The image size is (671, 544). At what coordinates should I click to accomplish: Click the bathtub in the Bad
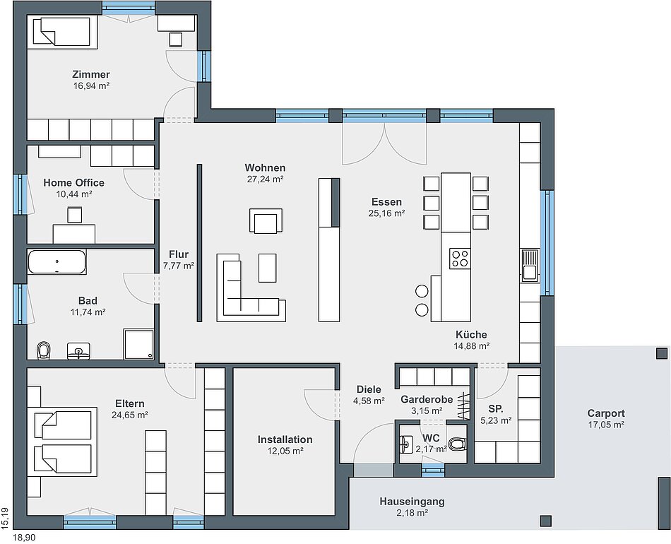click(x=57, y=261)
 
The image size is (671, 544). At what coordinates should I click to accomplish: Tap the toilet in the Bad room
click(x=44, y=350)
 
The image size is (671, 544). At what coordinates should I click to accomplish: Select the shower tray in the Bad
click(x=138, y=343)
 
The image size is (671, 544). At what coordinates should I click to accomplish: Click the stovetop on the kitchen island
click(x=460, y=259)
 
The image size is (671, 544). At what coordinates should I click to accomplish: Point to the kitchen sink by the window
click(x=530, y=266)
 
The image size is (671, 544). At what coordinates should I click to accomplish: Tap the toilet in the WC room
click(x=458, y=444)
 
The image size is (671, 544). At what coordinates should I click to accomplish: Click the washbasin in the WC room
click(x=405, y=444)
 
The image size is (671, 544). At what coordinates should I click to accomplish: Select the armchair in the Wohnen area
click(x=266, y=221)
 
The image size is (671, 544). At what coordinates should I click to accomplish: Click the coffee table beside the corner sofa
click(x=268, y=268)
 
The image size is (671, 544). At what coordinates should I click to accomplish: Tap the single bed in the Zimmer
click(x=61, y=31)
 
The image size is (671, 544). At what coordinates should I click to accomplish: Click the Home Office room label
click(x=73, y=183)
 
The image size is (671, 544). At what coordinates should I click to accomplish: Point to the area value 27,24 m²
click(x=266, y=179)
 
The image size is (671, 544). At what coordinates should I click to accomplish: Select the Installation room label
click(x=285, y=439)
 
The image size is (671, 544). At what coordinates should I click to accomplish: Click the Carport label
click(x=606, y=413)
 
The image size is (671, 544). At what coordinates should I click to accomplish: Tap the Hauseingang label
click(x=412, y=501)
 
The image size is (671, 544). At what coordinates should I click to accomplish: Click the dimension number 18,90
click(x=25, y=538)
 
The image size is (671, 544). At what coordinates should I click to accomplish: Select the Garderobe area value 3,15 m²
click(x=427, y=411)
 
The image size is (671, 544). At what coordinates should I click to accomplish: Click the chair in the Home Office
click(x=74, y=215)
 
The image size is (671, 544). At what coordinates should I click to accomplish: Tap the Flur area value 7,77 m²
click(x=179, y=266)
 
